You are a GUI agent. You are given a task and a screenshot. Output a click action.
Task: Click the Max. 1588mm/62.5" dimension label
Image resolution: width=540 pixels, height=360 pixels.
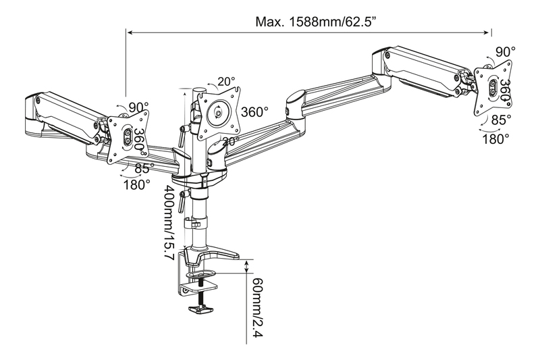click(x=315, y=22)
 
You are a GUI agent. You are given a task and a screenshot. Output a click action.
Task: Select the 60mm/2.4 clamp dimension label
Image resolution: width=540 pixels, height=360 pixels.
click(x=258, y=307)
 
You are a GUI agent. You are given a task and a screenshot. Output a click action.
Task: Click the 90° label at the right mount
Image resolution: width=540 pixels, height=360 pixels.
click(x=505, y=52)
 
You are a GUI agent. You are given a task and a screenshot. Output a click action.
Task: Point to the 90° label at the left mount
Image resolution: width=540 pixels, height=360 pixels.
click(x=139, y=107)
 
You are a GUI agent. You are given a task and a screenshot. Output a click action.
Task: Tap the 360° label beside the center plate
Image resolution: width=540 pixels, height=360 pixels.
click(x=254, y=112)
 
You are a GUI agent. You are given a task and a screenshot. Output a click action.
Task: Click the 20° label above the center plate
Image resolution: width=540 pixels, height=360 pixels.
click(x=226, y=82)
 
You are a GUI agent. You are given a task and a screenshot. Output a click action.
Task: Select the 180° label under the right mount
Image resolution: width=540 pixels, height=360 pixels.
click(x=495, y=139)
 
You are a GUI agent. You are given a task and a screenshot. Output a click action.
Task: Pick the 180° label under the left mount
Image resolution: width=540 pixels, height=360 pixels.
click(x=137, y=185)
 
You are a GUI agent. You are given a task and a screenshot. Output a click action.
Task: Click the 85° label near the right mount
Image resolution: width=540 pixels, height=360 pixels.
click(x=501, y=120)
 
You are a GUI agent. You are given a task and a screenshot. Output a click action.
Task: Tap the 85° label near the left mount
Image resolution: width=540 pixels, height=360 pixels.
click(x=144, y=168)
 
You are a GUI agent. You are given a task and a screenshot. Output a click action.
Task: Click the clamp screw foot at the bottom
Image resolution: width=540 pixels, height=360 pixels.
click(x=200, y=309)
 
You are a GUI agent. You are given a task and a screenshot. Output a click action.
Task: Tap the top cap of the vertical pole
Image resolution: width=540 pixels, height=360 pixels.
click(x=198, y=90)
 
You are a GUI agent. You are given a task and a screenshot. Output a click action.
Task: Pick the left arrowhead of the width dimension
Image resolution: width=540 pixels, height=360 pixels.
click(x=130, y=32)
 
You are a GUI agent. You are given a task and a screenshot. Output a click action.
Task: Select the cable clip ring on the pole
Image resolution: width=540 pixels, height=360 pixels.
click(x=192, y=224)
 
